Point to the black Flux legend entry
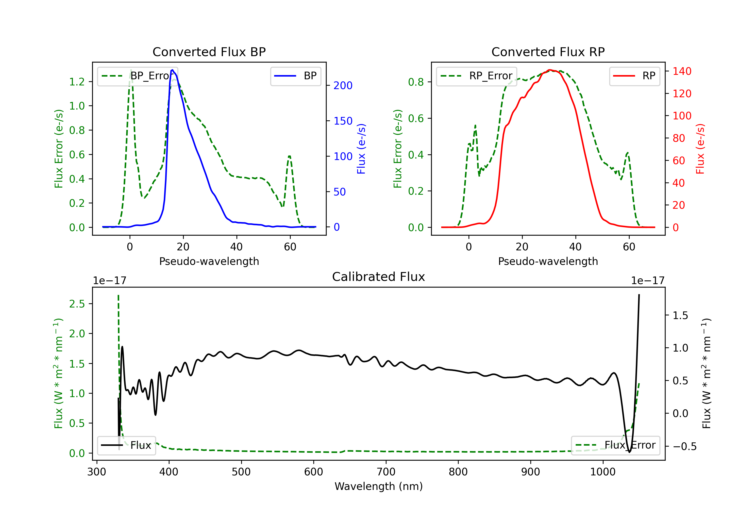(127, 445)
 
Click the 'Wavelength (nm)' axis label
(379, 486)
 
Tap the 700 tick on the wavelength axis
(386, 472)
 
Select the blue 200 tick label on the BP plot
(343, 86)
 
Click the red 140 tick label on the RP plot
(682, 71)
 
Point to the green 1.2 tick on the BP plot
(77, 82)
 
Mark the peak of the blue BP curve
(172, 70)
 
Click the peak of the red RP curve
(550, 70)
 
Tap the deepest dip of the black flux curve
(629, 452)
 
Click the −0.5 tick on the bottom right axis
(684, 447)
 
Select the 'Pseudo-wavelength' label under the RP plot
(548, 261)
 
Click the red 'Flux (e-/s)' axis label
(700, 149)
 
